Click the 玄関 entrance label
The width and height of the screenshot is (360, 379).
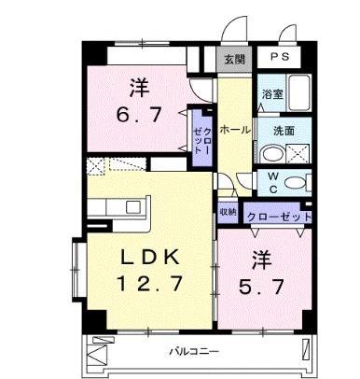click(233, 58)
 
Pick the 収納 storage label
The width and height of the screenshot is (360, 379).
click(228, 212)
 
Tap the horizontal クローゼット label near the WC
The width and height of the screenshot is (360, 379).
click(279, 216)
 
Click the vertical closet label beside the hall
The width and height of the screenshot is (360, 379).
click(203, 138)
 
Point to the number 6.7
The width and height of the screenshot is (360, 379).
click(140, 117)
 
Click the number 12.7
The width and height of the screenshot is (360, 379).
click(148, 281)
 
